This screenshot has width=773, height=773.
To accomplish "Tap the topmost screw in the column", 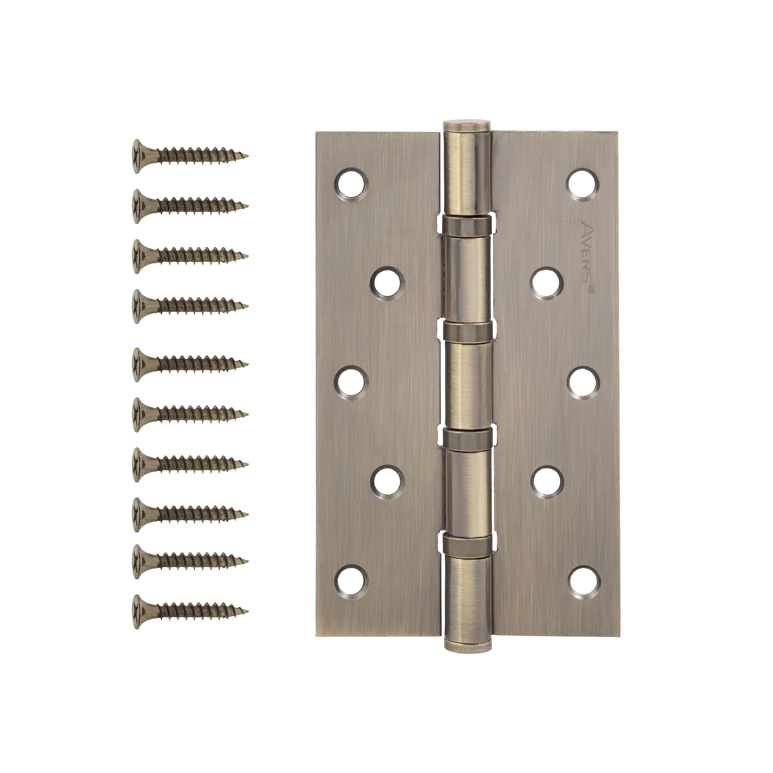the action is point(190,156).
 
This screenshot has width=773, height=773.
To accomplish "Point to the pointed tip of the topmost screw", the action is point(248,156).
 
